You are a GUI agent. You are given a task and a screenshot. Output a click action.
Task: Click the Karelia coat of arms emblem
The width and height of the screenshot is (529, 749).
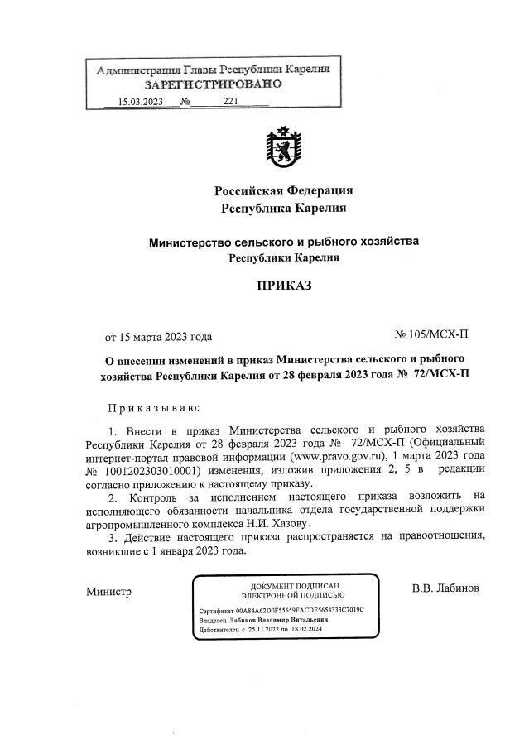[284, 149]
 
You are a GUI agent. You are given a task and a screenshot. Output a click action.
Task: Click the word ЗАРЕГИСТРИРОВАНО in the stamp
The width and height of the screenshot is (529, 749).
[214, 84]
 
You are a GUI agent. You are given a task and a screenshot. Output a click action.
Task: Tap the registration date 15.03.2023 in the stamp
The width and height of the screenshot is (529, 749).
[140, 103]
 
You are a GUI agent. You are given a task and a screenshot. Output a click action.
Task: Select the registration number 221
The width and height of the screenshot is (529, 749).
[231, 103]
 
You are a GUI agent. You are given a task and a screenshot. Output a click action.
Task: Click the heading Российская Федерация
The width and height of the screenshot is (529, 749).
[284, 190]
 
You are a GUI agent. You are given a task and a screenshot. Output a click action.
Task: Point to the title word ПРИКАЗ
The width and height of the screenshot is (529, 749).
[284, 286]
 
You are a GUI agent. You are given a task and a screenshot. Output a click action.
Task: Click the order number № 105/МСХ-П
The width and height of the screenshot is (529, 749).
[431, 335]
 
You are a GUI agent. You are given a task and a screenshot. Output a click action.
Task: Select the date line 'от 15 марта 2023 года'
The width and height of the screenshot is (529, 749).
[158, 336]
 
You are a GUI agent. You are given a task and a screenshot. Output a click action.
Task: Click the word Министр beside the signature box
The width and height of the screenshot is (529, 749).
[108, 591]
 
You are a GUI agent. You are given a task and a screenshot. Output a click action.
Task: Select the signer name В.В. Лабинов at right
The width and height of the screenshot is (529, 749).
[445, 588]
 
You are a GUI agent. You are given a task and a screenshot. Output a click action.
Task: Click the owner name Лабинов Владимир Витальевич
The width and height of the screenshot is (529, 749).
[276, 619]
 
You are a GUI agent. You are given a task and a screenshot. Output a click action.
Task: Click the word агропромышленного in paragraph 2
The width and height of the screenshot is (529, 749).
[139, 524]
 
